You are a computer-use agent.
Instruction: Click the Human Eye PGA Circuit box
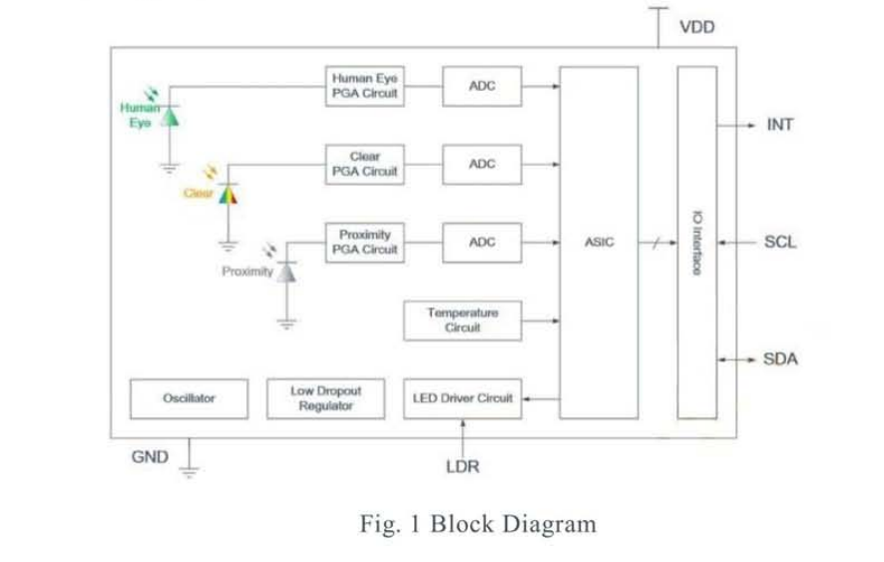coord(365,86)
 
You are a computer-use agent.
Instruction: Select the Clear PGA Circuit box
coord(365,164)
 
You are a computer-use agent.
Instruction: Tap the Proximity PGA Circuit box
coord(365,242)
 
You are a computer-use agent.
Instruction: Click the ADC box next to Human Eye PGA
coord(481,86)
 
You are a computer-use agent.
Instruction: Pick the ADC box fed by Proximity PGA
coord(481,242)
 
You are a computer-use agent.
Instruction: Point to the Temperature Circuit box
coord(462,320)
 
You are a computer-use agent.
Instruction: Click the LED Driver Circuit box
coord(462,398)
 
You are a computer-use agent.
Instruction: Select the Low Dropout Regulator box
coord(325,398)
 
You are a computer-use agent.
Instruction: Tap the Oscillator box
coord(189,398)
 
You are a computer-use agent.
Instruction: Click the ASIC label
coord(600,243)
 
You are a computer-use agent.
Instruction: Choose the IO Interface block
coord(696,243)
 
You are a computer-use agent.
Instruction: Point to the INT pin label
coord(779,125)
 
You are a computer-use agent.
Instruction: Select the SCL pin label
coord(780,242)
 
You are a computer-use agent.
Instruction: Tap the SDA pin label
coord(780,359)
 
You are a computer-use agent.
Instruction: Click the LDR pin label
coord(462,466)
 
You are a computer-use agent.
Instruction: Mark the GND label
coord(150,457)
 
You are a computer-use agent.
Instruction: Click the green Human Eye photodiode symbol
coord(171,116)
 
